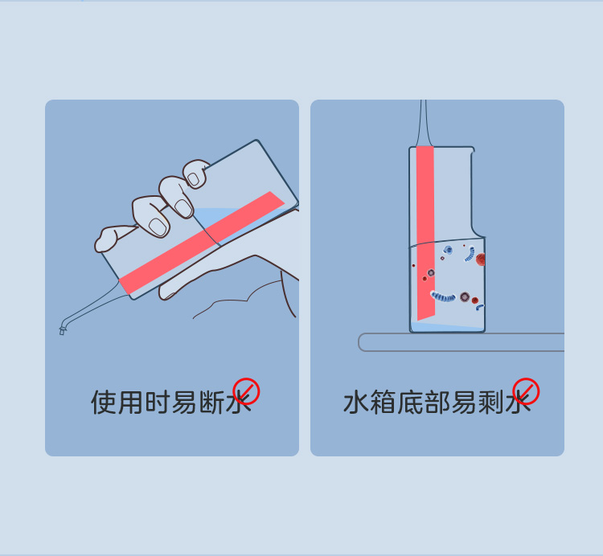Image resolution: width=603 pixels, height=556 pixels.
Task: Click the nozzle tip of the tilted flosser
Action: tap(62, 330)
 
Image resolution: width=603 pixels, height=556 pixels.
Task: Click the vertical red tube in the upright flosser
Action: tap(425, 233)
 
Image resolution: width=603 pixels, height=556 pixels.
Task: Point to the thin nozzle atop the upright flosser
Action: tap(424, 123)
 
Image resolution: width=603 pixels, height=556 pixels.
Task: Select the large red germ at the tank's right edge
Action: tap(480, 260)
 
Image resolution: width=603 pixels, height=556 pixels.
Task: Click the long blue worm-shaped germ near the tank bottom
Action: tap(443, 296)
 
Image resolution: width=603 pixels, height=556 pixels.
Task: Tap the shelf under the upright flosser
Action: tap(461, 342)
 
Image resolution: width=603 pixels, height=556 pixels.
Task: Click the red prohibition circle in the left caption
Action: tap(247, 391)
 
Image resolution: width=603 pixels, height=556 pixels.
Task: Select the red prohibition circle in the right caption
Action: tap(526, 391)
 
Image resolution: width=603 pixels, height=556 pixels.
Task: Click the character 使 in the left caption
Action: tap(104, 403)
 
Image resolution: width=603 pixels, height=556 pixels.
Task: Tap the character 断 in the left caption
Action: tap(211, 403)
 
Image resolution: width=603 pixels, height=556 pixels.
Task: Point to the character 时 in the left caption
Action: tap(158, 403)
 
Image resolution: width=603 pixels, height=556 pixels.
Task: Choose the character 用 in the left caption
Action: tap(130, 403)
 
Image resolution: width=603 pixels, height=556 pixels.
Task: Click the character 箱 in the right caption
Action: tap(383, 403)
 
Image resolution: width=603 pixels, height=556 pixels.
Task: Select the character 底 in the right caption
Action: tap(410, 403)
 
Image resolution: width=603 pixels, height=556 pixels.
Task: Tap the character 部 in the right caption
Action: tap(437, 403)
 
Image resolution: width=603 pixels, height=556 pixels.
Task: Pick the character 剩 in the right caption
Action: tap(491, 403)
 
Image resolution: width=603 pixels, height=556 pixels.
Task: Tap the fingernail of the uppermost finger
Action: tap(194, 178)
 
